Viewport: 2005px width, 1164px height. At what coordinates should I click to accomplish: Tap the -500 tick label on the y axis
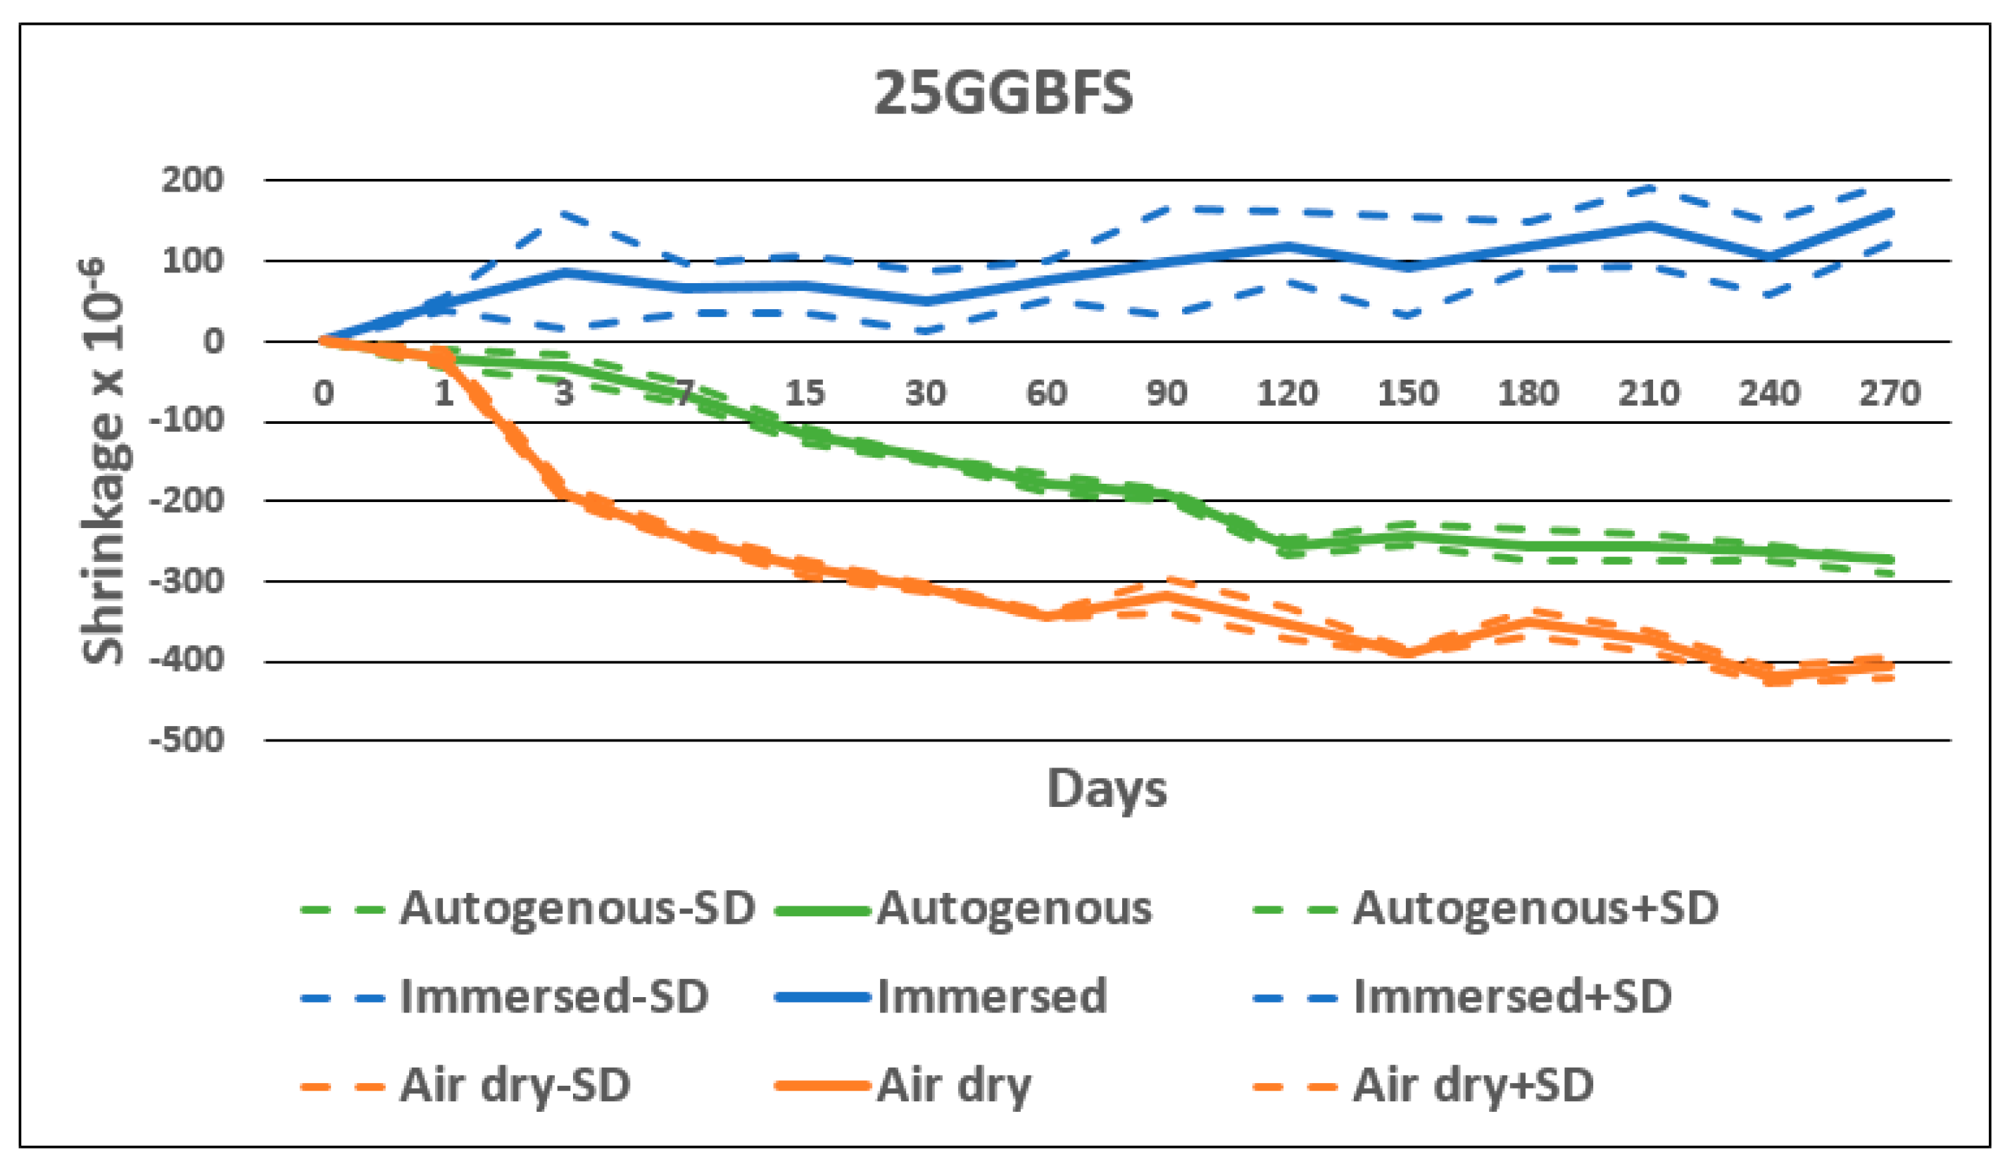click(x=188, y=741)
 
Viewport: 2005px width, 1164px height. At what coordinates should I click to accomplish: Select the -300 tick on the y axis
click(x=188, y=582)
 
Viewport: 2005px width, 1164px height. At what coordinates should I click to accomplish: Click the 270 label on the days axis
click(x=1890, y=393)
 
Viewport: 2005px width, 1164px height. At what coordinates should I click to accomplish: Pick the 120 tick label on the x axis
click(x=1286, y=393)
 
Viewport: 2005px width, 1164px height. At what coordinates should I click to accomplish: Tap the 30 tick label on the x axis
click(x=925, y=393)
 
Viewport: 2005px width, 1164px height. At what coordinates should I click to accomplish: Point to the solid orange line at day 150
click(x=1407, y=652)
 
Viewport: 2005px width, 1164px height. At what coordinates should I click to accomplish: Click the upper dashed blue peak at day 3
click(x=564, y=213)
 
